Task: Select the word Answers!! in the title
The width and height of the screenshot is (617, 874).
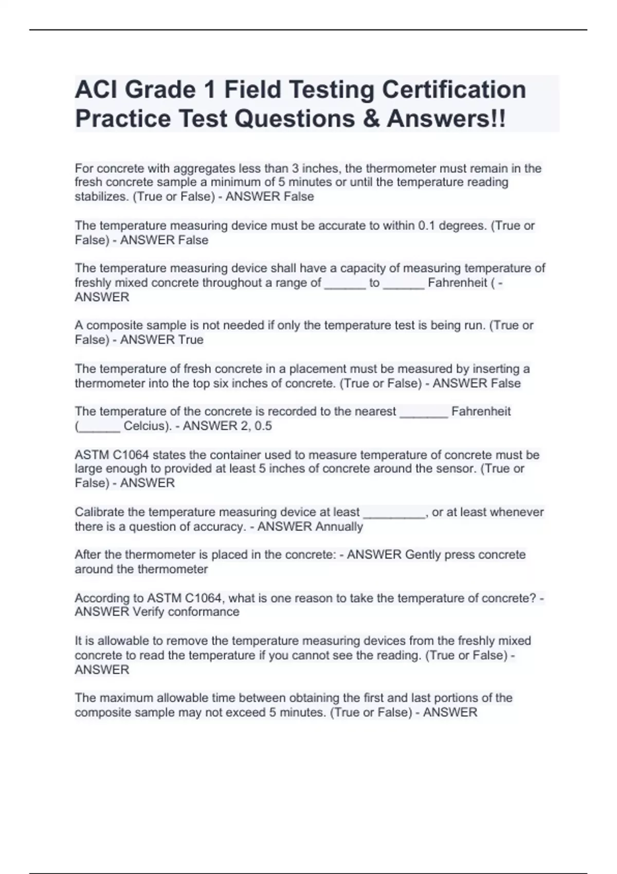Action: [446, 119]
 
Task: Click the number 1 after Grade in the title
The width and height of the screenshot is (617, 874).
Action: [209, 89]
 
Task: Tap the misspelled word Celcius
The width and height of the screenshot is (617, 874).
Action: [146, 426]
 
